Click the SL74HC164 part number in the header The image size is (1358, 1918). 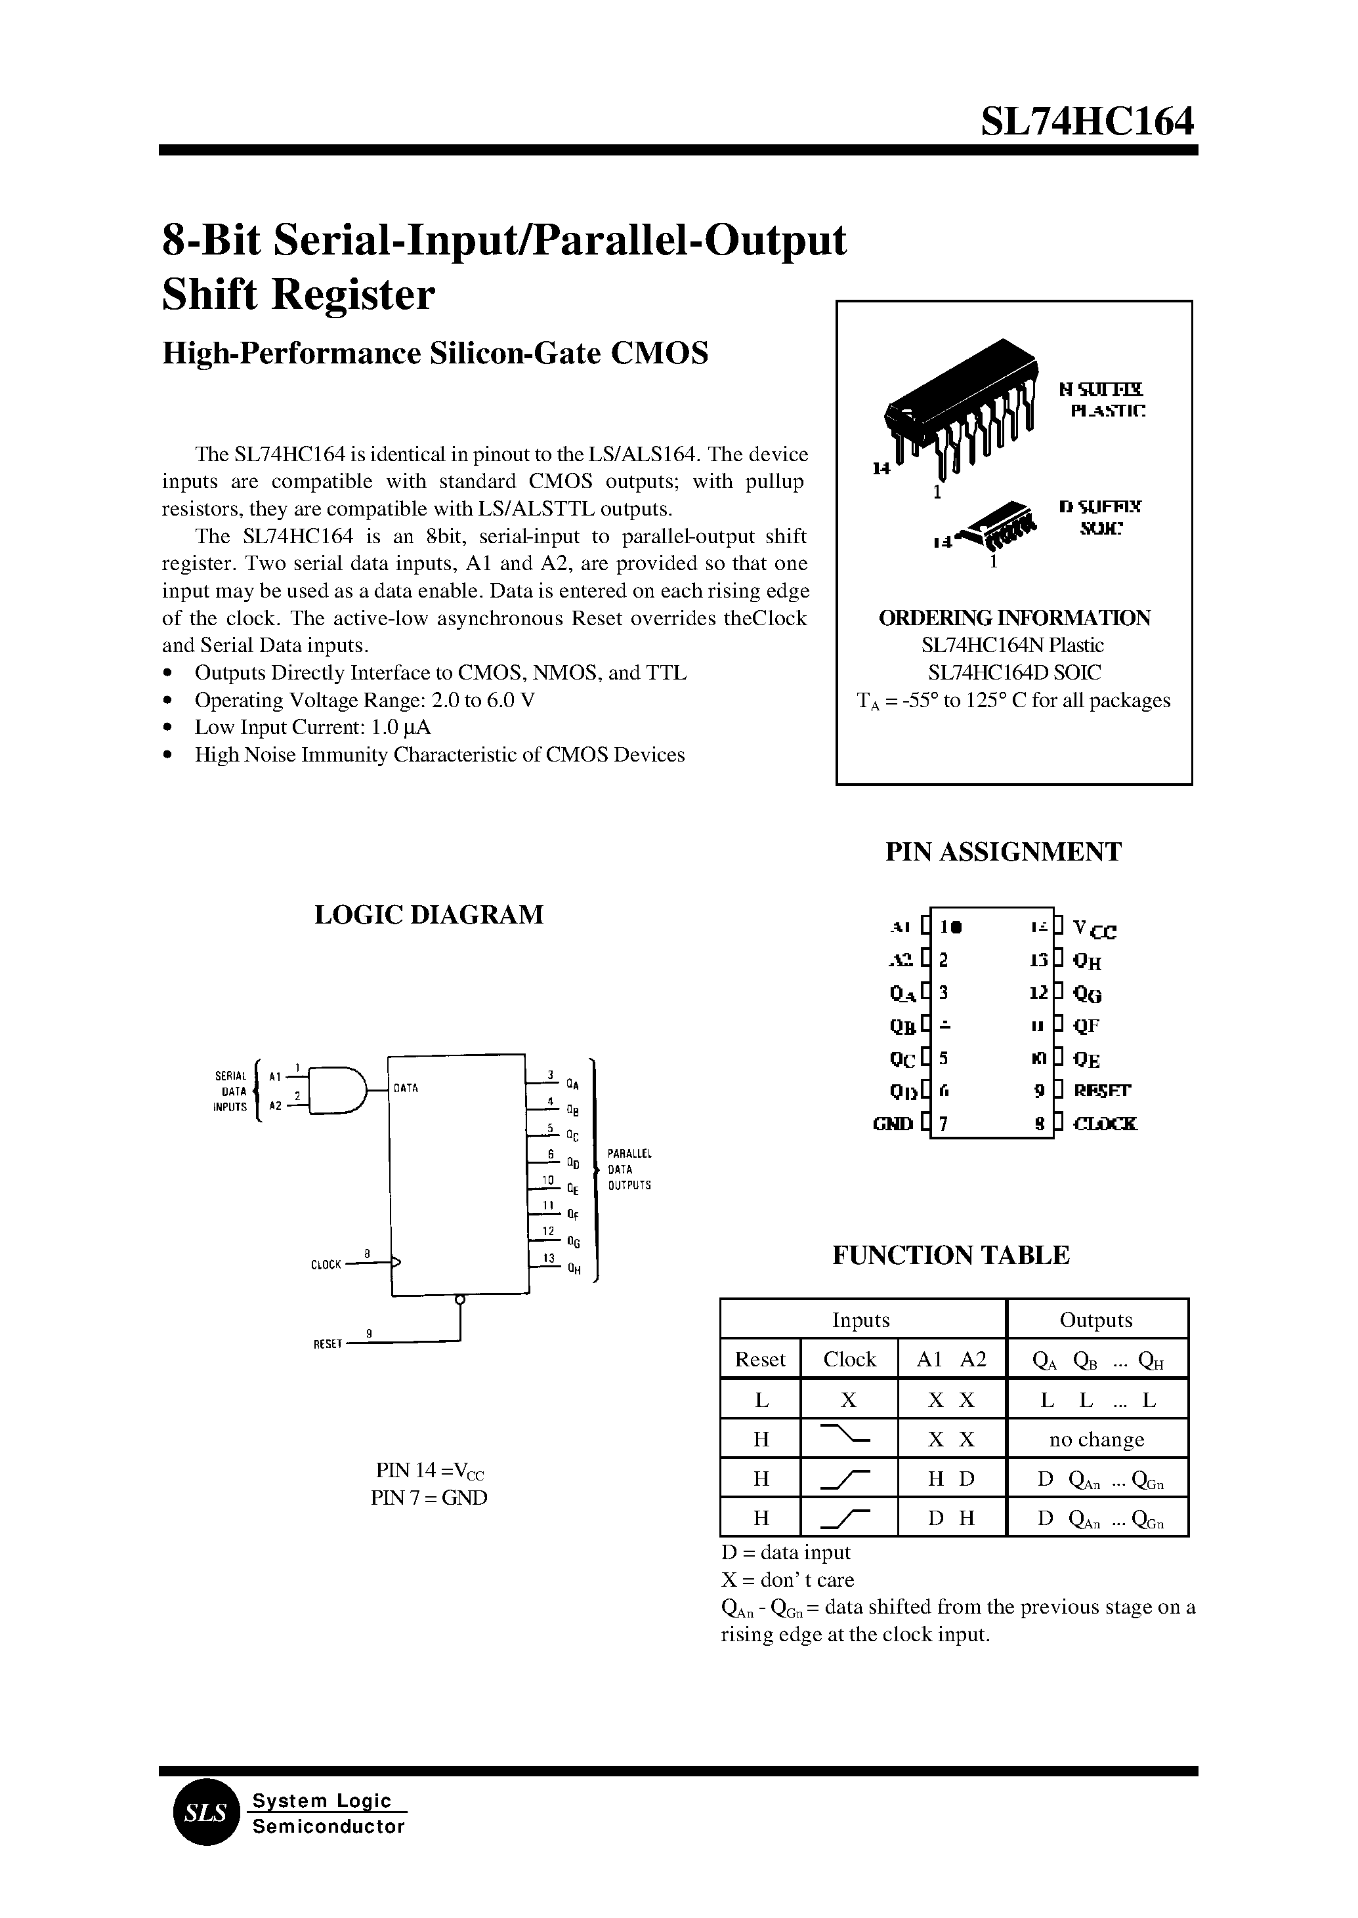click(1087, 123)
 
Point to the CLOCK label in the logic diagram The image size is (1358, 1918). click(326, 1265)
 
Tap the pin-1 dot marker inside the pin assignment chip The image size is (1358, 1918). click(956, 927)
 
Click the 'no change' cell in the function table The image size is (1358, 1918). click(1096, 1439)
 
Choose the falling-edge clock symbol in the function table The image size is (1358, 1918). click(848, 1437)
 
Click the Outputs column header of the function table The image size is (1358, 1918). click(1095, 1320)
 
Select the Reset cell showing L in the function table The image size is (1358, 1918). click(760, 1400)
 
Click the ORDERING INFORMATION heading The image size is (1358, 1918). click(1013, 618)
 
